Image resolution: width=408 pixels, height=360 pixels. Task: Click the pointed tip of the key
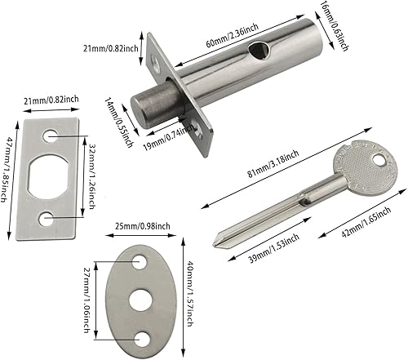(x=215, y=243)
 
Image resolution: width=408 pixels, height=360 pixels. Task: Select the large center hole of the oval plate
(x=139, y=299)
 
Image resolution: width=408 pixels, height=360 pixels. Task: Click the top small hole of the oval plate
(x=140, y=260)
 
